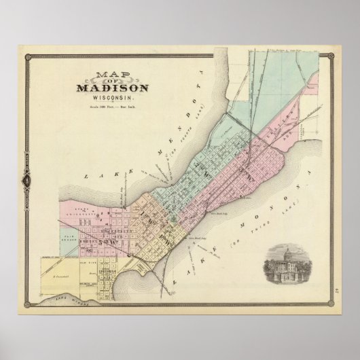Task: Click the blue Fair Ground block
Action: click(x=58, y=233)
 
